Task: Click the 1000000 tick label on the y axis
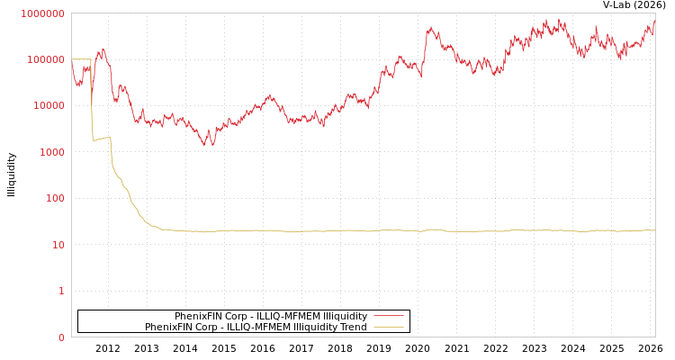pos(43,13)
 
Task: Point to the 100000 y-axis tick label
pos(46,59)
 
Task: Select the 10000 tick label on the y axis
pos(49,106)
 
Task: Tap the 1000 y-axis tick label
pos(51,152)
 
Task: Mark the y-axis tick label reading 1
pos(61,291)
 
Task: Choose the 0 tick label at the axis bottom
pos(61,337)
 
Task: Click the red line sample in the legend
pos(388,316)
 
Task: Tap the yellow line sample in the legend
pos(388,327)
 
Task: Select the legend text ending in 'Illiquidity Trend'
pos(256,327)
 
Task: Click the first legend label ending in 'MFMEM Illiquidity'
pos(270,316)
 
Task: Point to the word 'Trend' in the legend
pos(352,327)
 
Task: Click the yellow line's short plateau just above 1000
pos(101,139)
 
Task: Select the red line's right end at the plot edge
pos(654,22)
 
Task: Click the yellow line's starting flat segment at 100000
pos(81,59)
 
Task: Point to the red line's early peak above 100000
pos(103,49)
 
